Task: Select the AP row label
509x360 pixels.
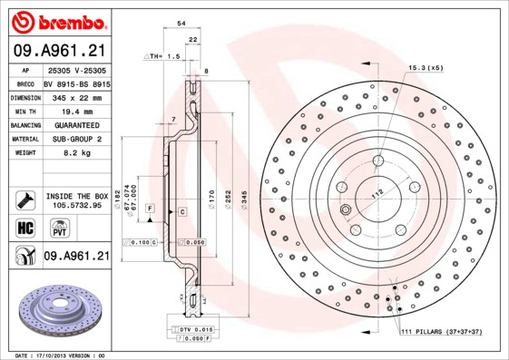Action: [x=25, y=70]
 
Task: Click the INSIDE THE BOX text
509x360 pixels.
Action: [x=76, y=196]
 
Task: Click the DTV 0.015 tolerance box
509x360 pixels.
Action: [x=191, y=328]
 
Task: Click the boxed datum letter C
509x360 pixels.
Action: [x=182, y=211]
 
